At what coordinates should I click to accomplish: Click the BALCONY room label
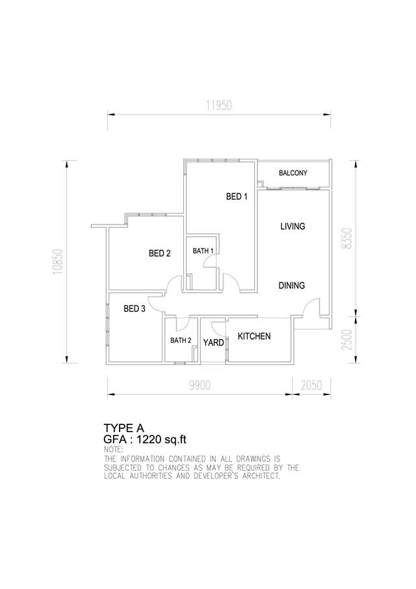(293, 173)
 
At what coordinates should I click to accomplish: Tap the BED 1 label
(237, 197)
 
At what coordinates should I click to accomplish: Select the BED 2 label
(160, 254)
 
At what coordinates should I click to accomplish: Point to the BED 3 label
(135, 308)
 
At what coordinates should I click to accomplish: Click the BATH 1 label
(203, 251)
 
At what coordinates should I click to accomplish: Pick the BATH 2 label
(181, 340)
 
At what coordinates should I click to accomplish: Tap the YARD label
(213, 342)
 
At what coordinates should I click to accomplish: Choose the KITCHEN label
(254, 336)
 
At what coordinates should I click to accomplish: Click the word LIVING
(293, 226)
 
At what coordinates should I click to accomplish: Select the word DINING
(291, 286)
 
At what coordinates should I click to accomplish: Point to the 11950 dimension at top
(218, 105)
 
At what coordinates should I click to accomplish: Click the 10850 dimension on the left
(57, 262)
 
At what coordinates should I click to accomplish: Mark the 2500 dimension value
(347, 340)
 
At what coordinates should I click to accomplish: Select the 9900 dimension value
(200, 385)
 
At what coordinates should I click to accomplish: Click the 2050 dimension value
(312, 385)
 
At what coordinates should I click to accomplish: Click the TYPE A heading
(123, 428)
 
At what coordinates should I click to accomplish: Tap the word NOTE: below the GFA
(113, 449)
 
